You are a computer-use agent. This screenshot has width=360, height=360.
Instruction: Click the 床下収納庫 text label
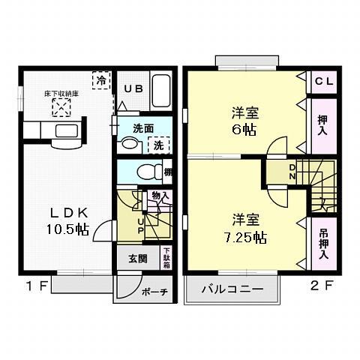coord(60,95)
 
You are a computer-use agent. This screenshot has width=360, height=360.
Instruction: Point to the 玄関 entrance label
coord(137,259)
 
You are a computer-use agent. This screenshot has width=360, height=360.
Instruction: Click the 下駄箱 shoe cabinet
coord(166,259)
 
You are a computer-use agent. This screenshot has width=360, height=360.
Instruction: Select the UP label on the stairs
coord(140,223)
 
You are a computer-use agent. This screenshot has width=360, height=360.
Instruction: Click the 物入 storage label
coord(159,196)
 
